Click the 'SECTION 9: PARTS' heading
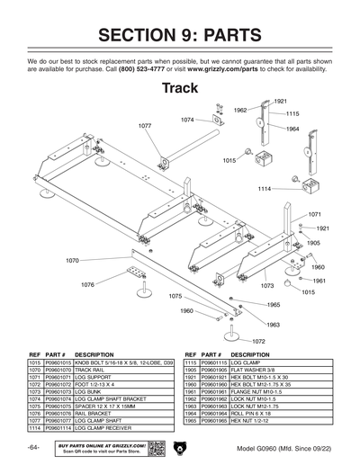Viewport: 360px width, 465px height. point(180,35)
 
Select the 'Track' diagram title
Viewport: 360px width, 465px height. point(179,88)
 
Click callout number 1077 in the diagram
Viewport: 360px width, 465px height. point(144,126)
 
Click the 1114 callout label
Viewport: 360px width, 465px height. point(265,189)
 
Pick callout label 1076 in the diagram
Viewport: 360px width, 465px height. point(87,284)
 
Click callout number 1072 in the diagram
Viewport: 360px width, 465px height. point(258,341)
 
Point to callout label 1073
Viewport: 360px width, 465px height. point(267,285)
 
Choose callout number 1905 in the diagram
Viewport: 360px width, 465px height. point(313,243)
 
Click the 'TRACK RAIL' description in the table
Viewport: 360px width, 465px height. point(93,370)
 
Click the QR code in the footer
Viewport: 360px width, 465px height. point(156,447)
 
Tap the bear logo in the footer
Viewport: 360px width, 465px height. point(179,447)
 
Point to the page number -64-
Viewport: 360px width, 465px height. point(32,447)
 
